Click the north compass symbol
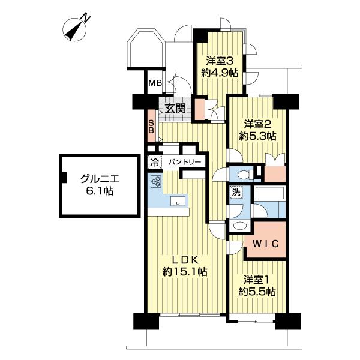75,29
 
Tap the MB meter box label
155,83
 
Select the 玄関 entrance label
175,108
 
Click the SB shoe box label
151,127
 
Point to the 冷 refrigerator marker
155,163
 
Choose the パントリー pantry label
185,163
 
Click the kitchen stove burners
156,181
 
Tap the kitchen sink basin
178,201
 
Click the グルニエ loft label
100,179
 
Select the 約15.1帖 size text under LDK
185,272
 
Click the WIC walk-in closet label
265,244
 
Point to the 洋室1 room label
256,280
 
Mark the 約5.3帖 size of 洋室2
257,137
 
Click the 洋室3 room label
220,61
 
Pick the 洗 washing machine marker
236,192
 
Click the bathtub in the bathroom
269,194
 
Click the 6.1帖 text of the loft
100,191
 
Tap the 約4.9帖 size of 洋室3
220,73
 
